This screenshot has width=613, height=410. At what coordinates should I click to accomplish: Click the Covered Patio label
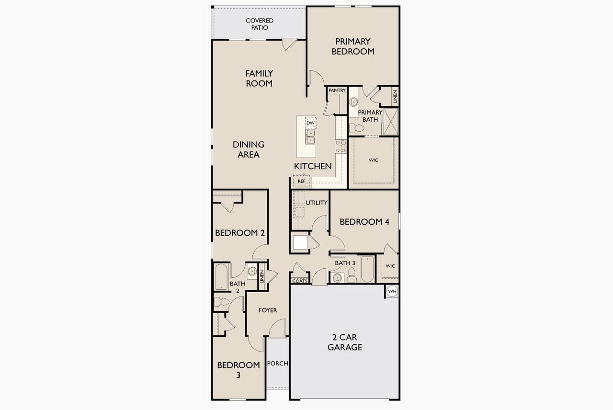(x=260, y=24)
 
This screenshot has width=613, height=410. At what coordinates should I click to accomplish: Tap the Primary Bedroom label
(x=352, y=46)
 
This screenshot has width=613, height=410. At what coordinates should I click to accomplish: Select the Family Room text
(x=259, y=78)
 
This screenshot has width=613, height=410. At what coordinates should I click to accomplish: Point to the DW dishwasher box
(x=310, y=123)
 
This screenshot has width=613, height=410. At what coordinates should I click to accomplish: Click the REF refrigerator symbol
(x=302, y=182)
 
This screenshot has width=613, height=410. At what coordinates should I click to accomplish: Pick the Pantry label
(x=337, y=90)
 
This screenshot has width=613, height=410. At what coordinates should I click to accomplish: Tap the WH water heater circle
(x=392, y=291)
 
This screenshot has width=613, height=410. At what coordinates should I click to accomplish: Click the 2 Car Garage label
(x=344, y=342)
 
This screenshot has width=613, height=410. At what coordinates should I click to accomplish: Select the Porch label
(x=277, y=364)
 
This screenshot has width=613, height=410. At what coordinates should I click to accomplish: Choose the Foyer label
(x=268, y=310)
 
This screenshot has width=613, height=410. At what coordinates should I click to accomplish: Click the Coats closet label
(x=299, y=281)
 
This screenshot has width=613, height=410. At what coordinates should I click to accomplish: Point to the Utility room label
(x=317, y=203)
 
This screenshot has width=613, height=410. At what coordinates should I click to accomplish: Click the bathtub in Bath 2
(x=221, y=277)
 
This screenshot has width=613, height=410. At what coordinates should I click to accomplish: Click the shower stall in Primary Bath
(x=391, y=122)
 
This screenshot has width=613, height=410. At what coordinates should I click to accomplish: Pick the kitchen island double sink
(x=310, y=137)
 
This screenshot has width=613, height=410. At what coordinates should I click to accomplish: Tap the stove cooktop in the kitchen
(x=341, y=146)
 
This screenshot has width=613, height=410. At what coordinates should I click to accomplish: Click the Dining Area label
(x=249, y=149)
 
